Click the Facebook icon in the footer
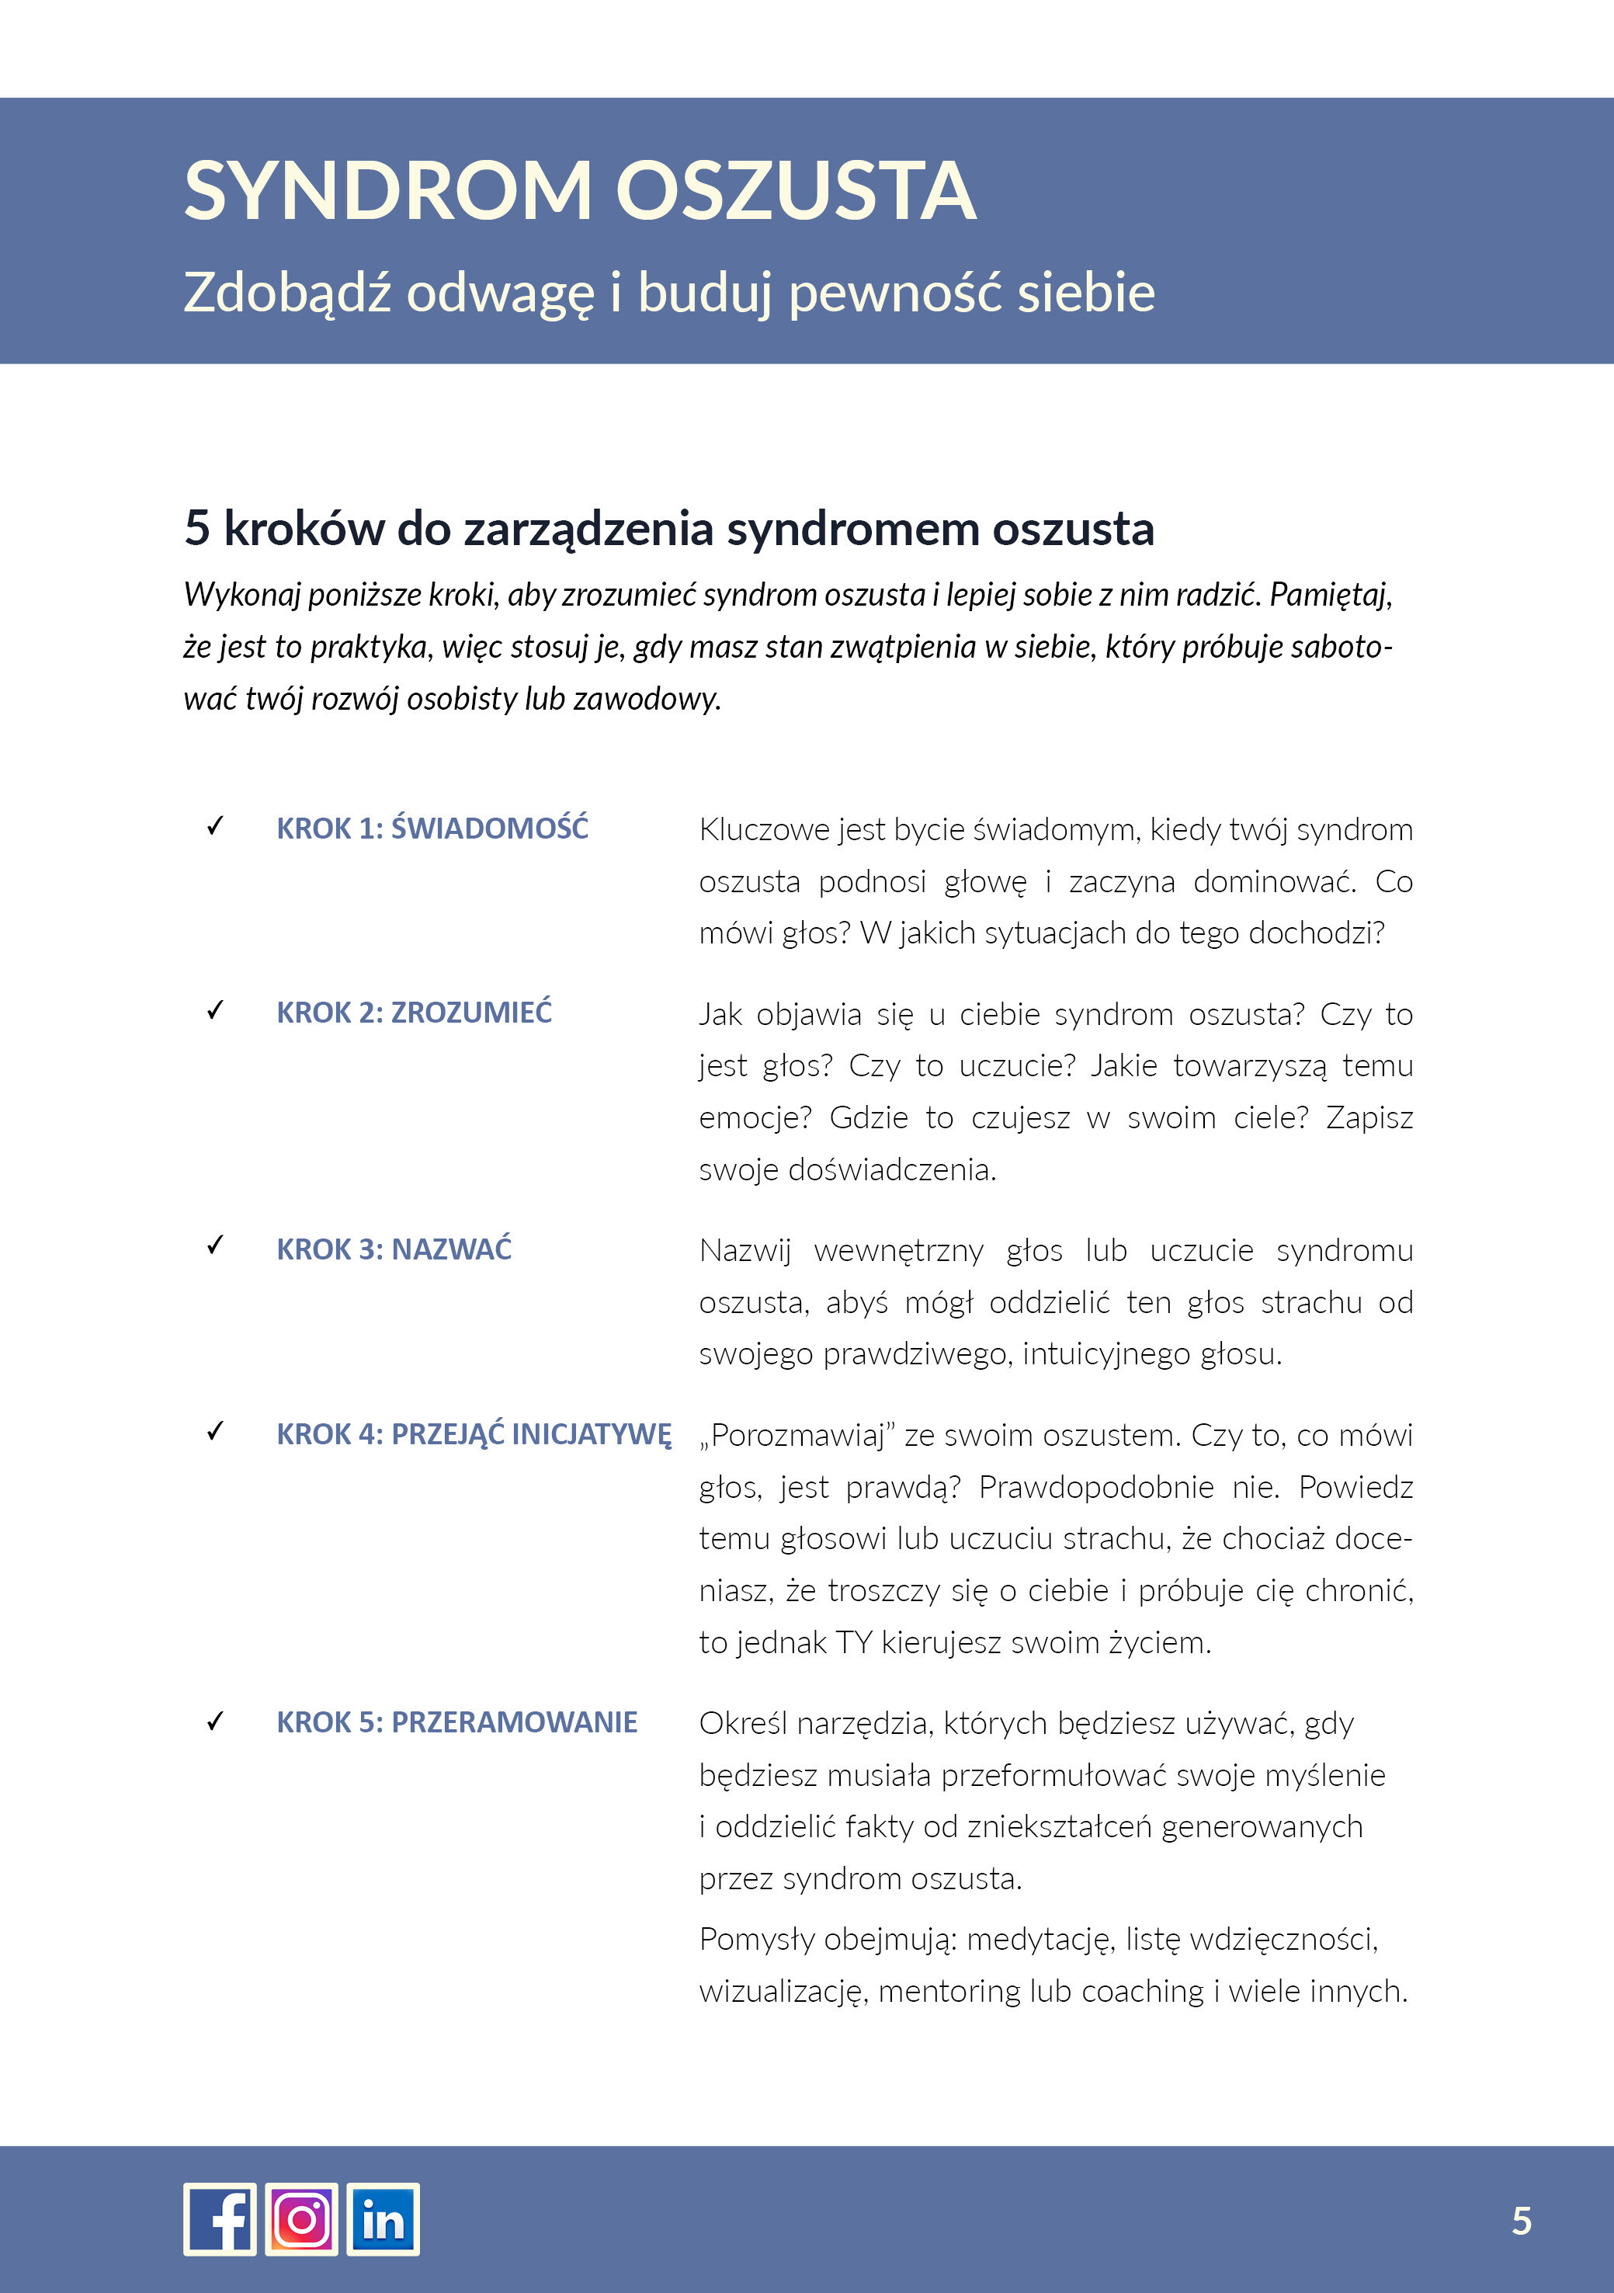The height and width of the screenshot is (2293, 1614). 220,2218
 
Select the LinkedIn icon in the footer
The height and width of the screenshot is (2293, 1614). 383,2218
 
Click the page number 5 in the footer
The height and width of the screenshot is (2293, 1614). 1521,2220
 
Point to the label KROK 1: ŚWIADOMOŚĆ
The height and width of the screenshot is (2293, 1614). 432,828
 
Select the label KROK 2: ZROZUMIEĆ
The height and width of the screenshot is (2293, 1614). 414,1012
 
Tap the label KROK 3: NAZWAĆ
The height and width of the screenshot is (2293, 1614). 394,1249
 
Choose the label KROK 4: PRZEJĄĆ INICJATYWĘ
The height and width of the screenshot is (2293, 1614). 474,1434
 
